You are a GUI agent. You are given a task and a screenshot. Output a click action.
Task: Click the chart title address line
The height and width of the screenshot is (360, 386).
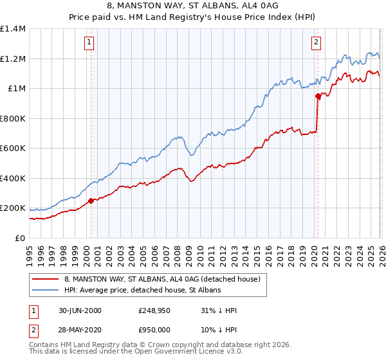pyautogui.click(x=192, y=6)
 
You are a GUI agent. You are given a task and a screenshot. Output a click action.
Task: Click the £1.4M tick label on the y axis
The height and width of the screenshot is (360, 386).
pyautogui.click(x=13, y=29)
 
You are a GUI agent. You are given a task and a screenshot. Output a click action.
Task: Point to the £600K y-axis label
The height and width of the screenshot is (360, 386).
pyautogui.click(x=13, y=148)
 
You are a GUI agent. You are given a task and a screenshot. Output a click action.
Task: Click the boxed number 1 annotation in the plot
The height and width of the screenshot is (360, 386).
pyautogui.click(x=88, y=43)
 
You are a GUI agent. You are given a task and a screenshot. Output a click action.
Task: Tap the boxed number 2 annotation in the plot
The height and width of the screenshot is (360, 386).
pyautogui.click(x=317, y=43)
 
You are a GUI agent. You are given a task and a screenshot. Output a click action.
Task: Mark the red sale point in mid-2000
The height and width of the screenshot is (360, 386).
pyautogui.click(x=91, y=201)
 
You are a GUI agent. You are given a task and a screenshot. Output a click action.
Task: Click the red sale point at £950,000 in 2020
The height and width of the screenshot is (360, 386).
pyautogui.click(x=318, y=96)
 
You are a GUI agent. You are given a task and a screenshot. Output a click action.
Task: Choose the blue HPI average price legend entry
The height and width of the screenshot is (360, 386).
pyautogui.click(x=142, y=291)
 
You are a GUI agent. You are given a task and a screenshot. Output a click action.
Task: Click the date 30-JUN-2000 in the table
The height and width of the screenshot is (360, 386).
pyautogui.click(x=80, y=310)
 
